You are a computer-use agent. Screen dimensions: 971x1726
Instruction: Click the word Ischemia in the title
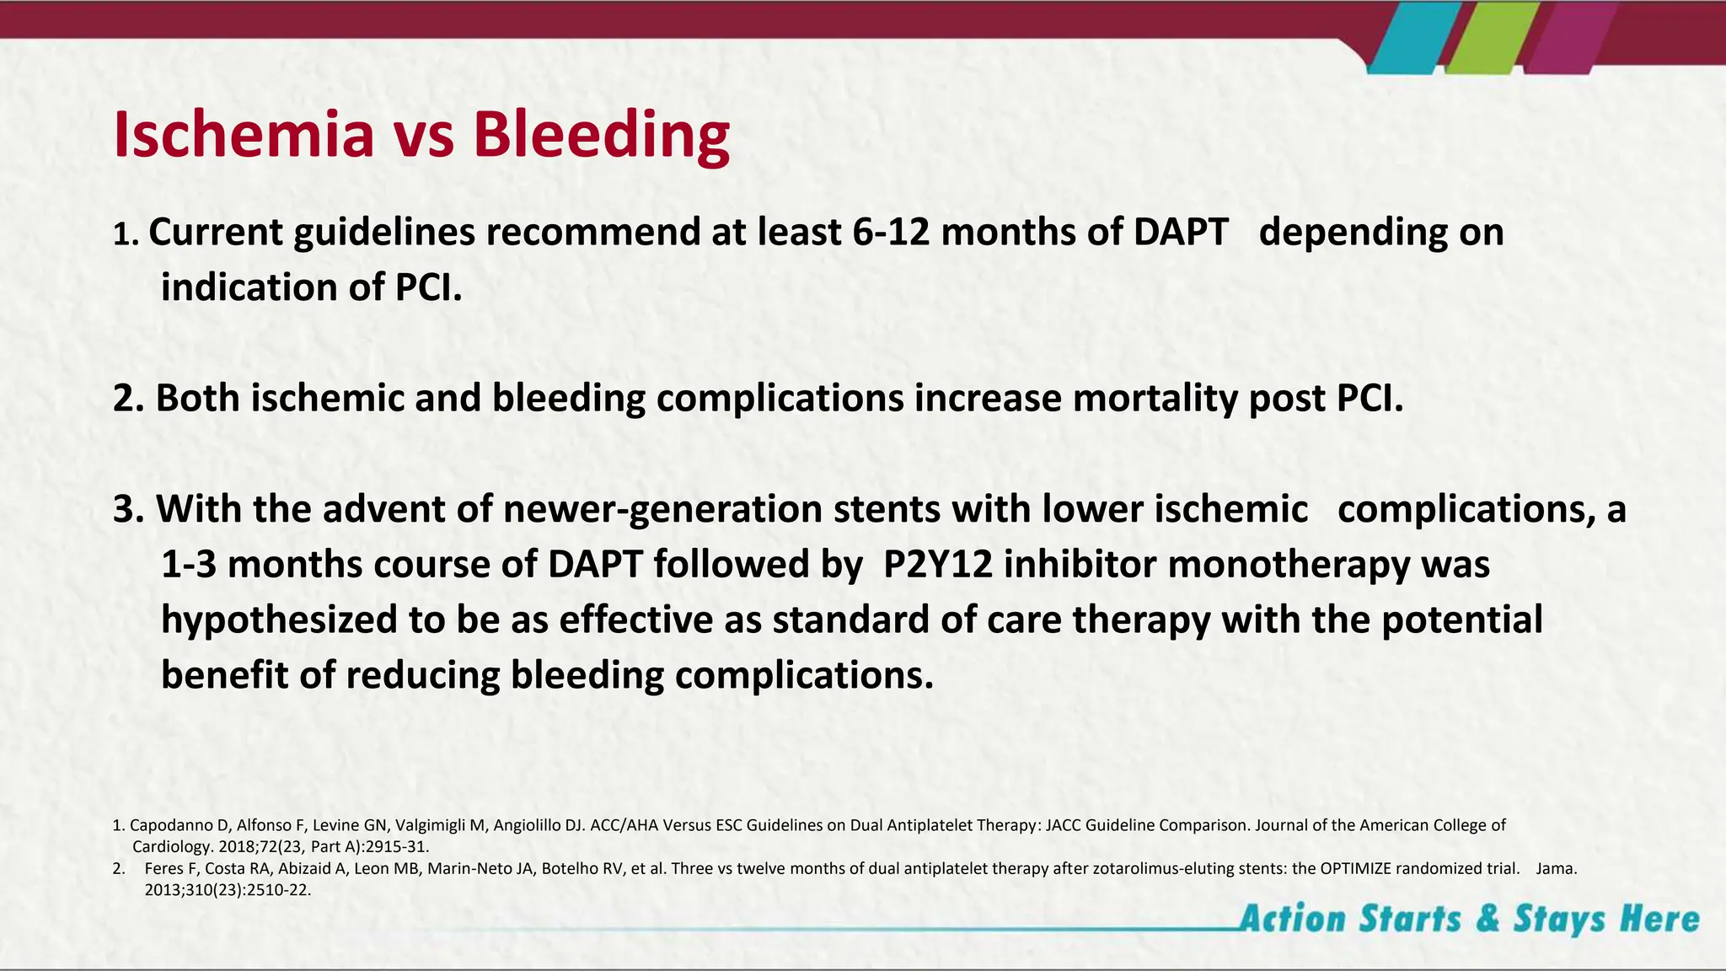pyautogui.click(x=243, y=135)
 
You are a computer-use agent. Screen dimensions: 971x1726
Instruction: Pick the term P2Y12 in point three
pyautogui.click(x=938, y=565)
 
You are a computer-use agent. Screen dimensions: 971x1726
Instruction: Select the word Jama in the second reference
pyautogui.click(x=1556, y=868)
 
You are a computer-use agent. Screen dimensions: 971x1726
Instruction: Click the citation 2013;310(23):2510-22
pyautogui.click(x=228, y=889)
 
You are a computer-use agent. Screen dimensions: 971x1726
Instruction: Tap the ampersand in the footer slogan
pyautogui.click(x=1487, y=919)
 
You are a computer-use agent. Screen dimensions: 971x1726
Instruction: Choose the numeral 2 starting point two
pyautogui.click(x=123, y=398)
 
